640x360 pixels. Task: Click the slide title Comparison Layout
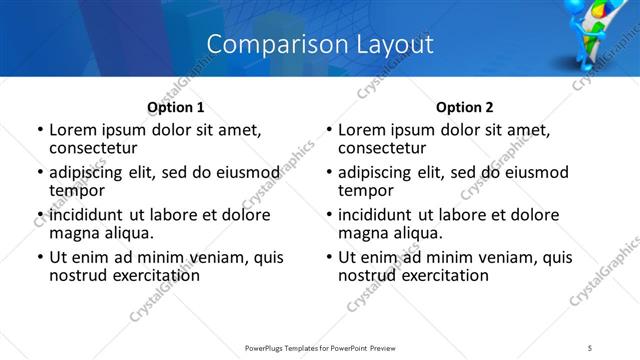[320, 44]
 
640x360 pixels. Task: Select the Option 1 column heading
[175, 107]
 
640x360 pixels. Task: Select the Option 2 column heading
[464, 107]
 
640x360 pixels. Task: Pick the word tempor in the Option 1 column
[77, 189]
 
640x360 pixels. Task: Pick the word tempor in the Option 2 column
[366, 189]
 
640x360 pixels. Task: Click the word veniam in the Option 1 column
[225, 257]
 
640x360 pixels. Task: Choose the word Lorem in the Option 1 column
[72, 130]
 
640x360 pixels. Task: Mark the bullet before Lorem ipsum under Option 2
[330, 130]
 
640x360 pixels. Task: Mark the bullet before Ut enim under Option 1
[40, 257]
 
